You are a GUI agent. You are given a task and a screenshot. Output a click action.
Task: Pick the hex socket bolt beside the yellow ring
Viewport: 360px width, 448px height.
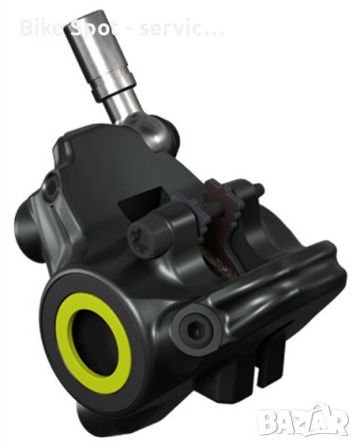pos(195,326)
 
